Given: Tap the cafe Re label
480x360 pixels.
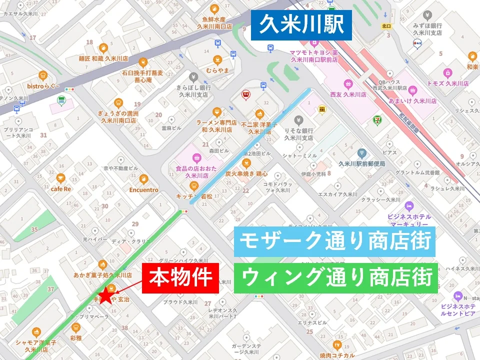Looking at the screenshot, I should [60, 189].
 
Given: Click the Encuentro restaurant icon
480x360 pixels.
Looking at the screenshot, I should [143, 179].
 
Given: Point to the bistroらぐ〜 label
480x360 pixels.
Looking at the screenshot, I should [43, 86].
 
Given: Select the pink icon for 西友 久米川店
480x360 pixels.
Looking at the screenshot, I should [349, 83].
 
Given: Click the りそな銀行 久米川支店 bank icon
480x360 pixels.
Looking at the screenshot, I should [298, 120].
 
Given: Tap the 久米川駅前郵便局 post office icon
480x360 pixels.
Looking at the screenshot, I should [362, 153].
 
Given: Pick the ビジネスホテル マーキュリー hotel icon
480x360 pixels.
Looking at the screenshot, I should [409, 206].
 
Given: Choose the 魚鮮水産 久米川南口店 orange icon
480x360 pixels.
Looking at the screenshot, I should [214, 8].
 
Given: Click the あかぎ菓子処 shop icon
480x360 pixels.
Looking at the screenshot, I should [102, 264].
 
